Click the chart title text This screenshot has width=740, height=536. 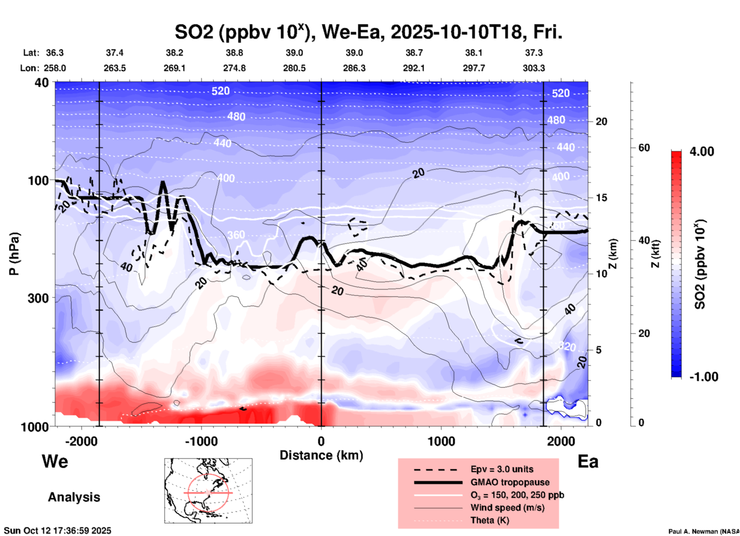coord(368,32)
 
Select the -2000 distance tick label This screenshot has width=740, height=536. coord(81,441)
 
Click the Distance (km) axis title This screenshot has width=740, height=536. coord(321,455)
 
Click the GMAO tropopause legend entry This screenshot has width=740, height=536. coord(510,482)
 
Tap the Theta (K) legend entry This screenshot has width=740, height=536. coord(489,520)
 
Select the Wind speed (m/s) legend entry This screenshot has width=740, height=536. coord(507,508)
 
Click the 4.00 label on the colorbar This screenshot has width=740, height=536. coord(702,151)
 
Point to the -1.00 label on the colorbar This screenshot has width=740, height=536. coord(703,377)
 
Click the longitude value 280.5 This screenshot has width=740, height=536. coord(295,68)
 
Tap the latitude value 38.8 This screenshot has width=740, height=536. coord(234,53)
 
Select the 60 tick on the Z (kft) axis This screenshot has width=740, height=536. coord(644,148)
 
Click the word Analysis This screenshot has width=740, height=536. coord(74,497)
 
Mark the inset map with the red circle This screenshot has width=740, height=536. coord(208,491)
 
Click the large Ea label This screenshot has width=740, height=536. coord(588,462)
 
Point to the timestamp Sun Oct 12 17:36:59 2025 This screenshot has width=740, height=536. coord(58,531)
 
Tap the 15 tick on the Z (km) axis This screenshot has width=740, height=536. coord(601,198)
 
